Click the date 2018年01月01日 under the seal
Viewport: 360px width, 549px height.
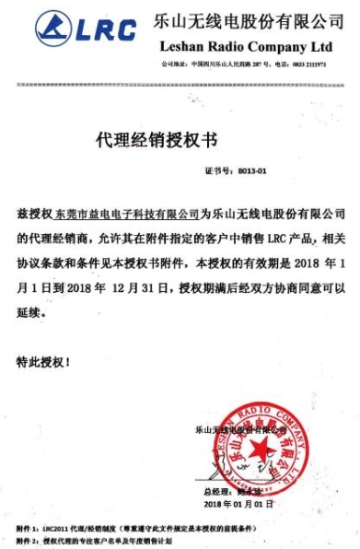click(238, 505)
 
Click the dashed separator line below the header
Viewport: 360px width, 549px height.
click(180, 84)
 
